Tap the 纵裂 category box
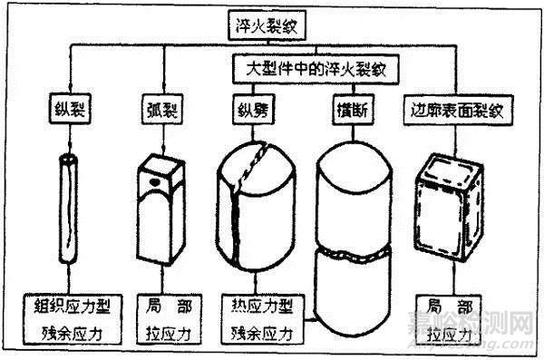(x=68, y=113)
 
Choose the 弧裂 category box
(x=160, y=113)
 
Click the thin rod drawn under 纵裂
(x=69, y=218)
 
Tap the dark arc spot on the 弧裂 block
(x=155, y=181)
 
